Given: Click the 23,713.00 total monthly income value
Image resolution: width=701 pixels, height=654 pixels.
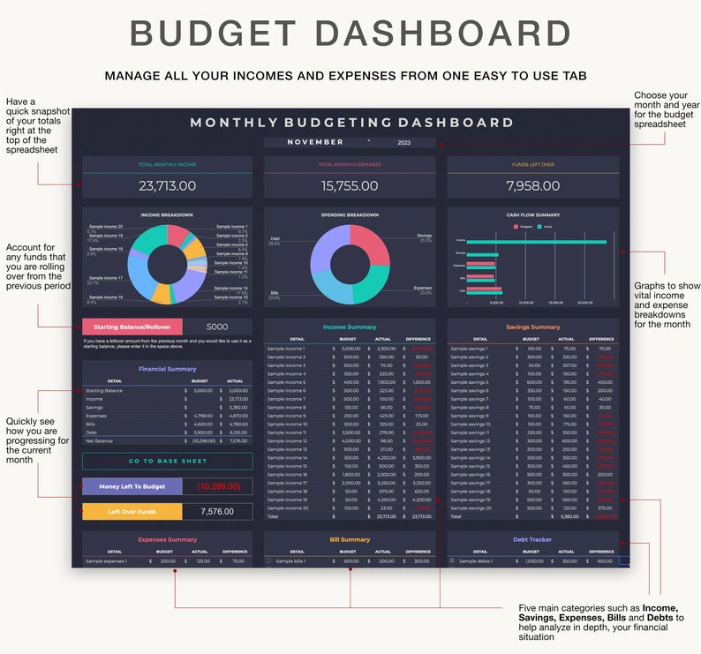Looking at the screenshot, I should click(x=167, y=186).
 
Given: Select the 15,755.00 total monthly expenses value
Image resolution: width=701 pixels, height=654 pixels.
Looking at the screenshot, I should click(x=350, y=186).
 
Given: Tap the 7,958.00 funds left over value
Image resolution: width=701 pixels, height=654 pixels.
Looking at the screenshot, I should click(x=532, y=186).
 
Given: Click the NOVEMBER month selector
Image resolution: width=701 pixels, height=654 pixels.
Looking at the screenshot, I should click(x=315, y=142).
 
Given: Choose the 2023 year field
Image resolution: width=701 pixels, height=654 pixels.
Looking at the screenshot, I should click(x=404, y=142).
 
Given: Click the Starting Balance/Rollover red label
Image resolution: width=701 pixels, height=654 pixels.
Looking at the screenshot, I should click(x=132, y=327).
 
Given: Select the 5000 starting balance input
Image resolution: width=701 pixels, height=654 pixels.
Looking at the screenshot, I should click(x=217, y=327).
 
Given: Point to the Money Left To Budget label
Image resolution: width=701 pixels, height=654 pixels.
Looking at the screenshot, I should click(x=132, y=486).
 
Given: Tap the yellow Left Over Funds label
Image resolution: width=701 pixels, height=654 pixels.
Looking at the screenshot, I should click(x=132, y=511).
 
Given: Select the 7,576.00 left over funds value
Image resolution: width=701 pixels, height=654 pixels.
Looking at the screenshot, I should click(x=217, y=511).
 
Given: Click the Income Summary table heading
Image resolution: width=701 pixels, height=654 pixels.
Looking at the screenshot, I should click(x=350, y=327).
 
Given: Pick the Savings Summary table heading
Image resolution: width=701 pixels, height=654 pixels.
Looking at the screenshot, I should click(x=532, y=327).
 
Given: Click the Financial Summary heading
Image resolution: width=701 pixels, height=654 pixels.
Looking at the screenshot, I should click(x=167, y=369).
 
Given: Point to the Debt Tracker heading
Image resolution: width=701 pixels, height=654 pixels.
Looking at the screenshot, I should click(x=532, y=539).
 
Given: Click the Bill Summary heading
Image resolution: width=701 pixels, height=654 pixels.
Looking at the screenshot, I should click(x=350, y=539).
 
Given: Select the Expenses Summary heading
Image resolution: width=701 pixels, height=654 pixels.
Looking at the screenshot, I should click(x=167, y=539).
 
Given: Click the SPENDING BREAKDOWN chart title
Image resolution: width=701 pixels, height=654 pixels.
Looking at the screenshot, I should click(x=350, y=214).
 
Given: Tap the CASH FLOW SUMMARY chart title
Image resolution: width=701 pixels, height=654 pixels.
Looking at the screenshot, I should click(x=532, y=214).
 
